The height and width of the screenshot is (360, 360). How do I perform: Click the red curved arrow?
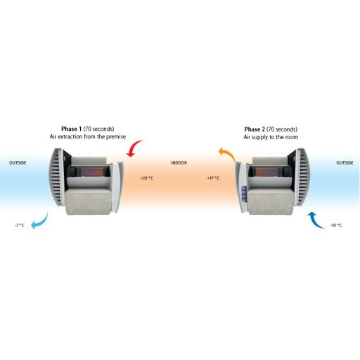pyautogui.click(x=134, y=147)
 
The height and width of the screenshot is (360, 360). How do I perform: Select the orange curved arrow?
pyautogui.click(x=228, y=153)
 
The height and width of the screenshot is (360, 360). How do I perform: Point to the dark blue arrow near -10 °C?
pyautogui.click(x=316, y=221)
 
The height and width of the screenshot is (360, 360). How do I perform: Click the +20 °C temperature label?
pyautogui.click(x=147, y=179)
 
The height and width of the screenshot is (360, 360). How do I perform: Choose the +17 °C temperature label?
pyautogui.click(x=213, y=179)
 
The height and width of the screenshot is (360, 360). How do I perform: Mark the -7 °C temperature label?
pyautogui.click(x=20, y=226)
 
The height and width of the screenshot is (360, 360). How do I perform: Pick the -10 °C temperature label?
pyautogui.click(x=336, y=226)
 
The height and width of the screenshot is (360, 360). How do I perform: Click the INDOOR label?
pyautogui.click(x=179, y=163)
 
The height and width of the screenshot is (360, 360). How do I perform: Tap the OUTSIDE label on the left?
pyautogui.click(x=18, y=163)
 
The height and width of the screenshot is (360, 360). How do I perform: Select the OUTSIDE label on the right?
pyautogui.click(x=345, y=163)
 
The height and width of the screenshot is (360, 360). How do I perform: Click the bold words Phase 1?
pyautogui.click(x=72, y=129)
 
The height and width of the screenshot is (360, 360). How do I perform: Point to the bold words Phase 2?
pyautogui.click(x=255, y=129)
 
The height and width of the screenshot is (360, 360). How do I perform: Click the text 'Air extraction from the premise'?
pyautogui.click(x=88, y=136)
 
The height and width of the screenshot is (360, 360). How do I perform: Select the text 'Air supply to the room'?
pyautogui.click(x=271, y=137)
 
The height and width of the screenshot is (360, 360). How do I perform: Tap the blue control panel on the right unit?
pyautogui.click(x=244, y=194)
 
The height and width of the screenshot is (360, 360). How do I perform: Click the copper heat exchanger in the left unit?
pyautogui.click(x=92, y=172)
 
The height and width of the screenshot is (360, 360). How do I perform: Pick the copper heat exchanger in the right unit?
pyautogui.click(x=266, y=172)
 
